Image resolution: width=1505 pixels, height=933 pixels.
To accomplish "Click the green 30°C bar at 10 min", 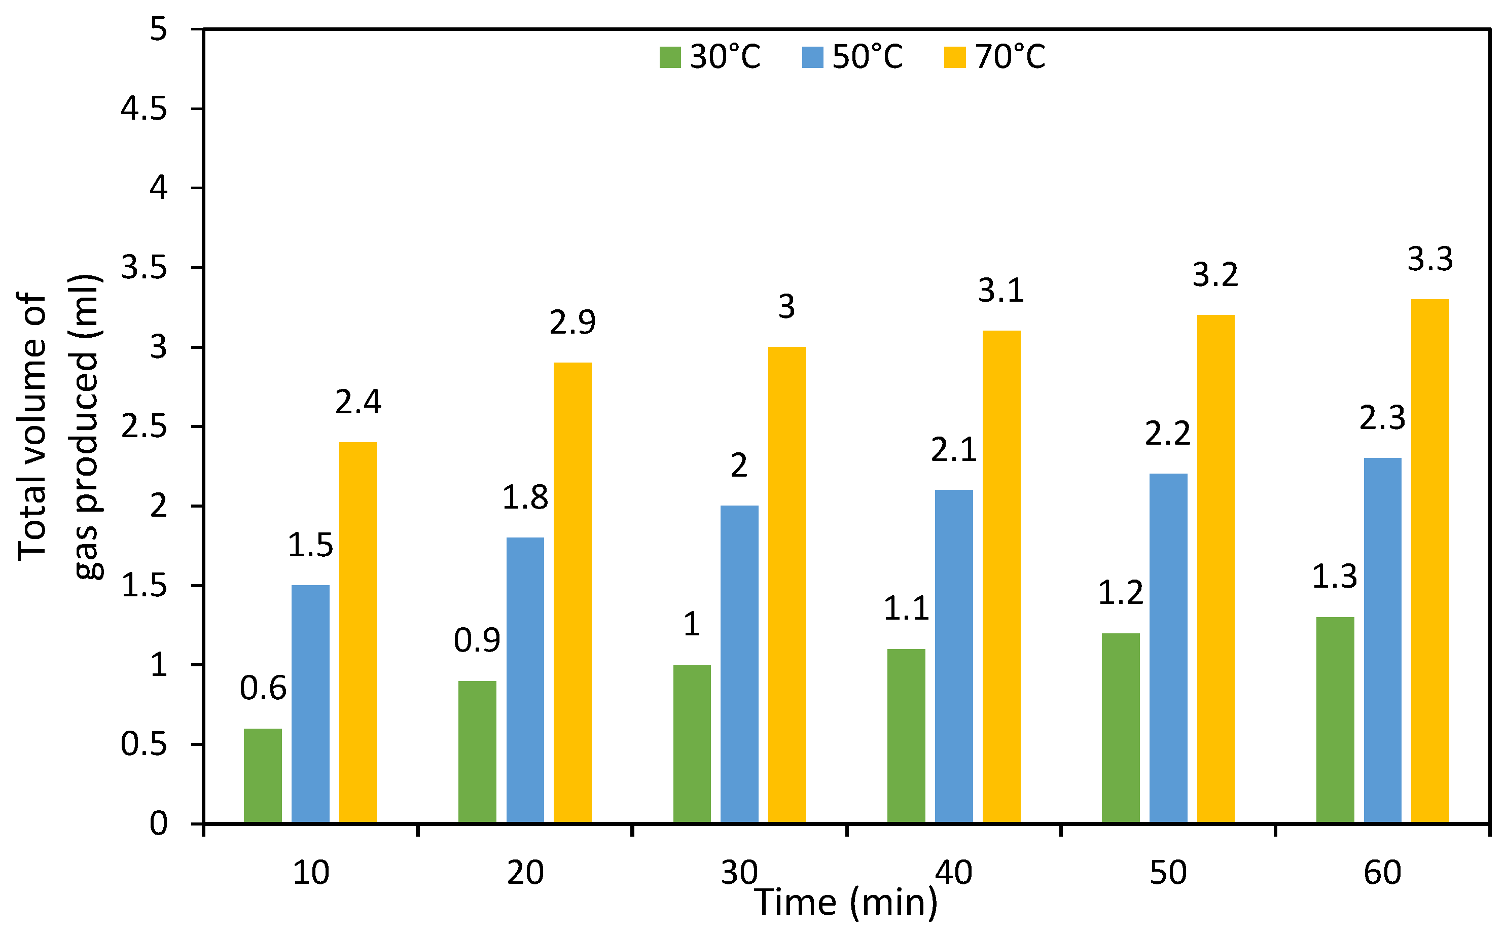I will (x=262, y=776).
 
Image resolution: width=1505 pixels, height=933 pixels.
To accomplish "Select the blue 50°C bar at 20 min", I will (x=525, y=680).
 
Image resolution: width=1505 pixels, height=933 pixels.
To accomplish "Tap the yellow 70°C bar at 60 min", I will (x=1430, y=561).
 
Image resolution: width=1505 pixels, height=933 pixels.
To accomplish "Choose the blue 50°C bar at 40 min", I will (x=953, y=656).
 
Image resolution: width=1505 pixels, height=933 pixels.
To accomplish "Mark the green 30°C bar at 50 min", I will (x=1120, y=728).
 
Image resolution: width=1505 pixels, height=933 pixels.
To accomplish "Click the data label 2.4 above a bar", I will (x=358, y=402).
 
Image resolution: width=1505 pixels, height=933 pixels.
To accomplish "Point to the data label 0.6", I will (x=263, y=689).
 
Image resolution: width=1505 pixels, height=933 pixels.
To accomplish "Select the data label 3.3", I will (x=1430, y=259).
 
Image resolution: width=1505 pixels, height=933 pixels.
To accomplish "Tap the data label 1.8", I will (x=525, y=497).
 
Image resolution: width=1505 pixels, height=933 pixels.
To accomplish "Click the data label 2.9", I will (x=572, y=322).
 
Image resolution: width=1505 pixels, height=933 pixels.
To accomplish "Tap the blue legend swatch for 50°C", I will (x=813, y=57).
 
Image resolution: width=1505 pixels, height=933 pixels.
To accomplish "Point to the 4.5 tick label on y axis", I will (x=144, y=109).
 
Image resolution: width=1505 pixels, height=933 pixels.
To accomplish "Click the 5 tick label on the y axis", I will (x=158, y=29).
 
